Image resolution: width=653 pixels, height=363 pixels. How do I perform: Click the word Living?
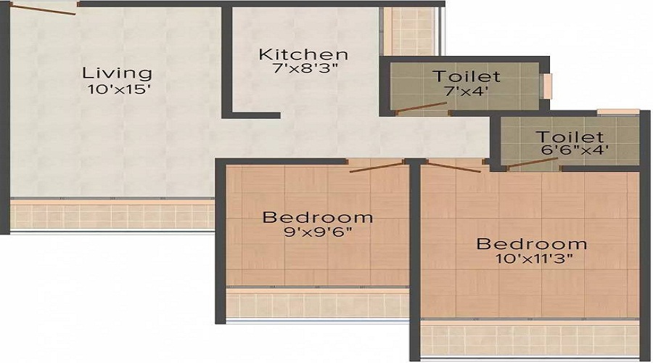pyautogui.click(x=117, y=73)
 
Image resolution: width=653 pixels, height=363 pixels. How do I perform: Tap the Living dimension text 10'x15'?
pyautogui.click(x=119, y=89)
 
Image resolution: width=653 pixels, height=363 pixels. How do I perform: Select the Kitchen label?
pyautogui.click(x=303, y=54)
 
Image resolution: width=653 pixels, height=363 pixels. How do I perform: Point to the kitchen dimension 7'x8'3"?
pyautogui.click(x=305, y=68)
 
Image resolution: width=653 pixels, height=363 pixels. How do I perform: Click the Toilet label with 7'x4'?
pyautogui.click(x=466, y=76)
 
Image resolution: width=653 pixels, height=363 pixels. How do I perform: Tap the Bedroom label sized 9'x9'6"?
pyautogui.click(x=317, y=218)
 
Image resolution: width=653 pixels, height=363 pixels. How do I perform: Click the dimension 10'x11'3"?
pyautogui.click(x=534, y=258)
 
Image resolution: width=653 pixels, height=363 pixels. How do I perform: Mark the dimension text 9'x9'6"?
pyautogui.click(x=319, y=232)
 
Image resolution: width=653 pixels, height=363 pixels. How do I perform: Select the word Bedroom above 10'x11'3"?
pyautogui.click(x=532, y=244)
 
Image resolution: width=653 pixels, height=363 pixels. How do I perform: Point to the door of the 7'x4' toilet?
pyautogui.click(x=421, y=107)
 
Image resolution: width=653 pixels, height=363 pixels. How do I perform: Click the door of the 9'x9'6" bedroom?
pyautogui.click(x=377, y=167)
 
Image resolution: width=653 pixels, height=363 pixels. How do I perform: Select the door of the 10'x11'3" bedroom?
pyautogui.click(x=454, y=167)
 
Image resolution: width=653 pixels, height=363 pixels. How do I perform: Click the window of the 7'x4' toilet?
pyautogui.click(x=546, y=86)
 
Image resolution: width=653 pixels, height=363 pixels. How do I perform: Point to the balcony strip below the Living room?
pyautogui.click(x=112, y=215)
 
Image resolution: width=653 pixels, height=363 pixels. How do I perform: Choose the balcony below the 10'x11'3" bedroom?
pyautogui.click(x=530, y=339)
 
